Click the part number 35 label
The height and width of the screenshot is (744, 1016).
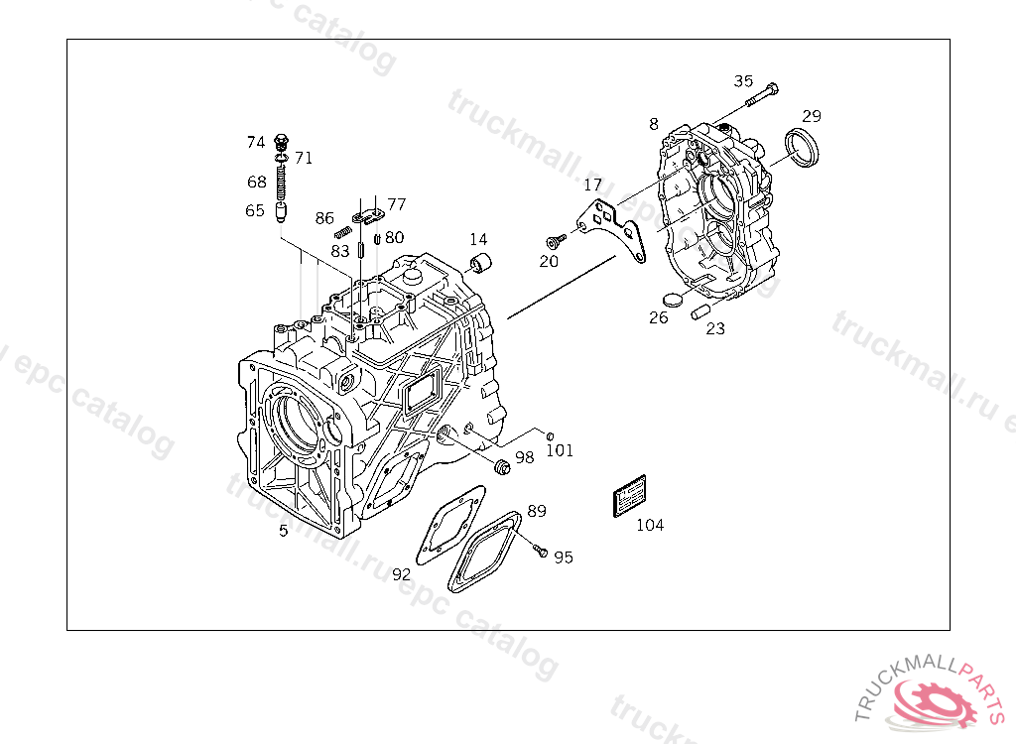click(744, 81)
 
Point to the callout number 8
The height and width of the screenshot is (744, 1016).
click(653, 124)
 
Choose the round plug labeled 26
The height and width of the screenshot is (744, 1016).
click(672, 300)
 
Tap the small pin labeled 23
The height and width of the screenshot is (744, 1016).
click(698, 311)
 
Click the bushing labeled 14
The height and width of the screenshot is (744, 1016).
click(482, 264)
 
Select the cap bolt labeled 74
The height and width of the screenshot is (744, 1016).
click(282, 141)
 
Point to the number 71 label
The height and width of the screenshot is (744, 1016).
click(304, 158)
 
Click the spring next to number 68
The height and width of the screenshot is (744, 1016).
click(282, 182)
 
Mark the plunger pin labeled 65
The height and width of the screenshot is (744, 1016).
click(282, 211)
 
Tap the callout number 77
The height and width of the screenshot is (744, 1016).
click(397, 204)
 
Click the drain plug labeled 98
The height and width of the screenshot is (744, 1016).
click(501, 465)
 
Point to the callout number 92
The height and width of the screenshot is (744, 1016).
click(401, 574)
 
